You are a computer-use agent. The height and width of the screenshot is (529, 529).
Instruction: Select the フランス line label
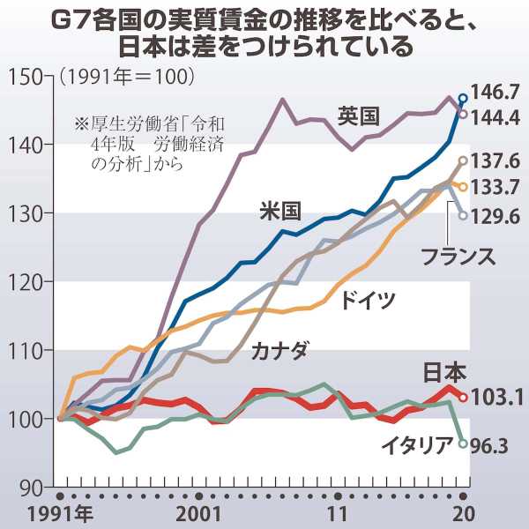[x=457, y=257]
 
